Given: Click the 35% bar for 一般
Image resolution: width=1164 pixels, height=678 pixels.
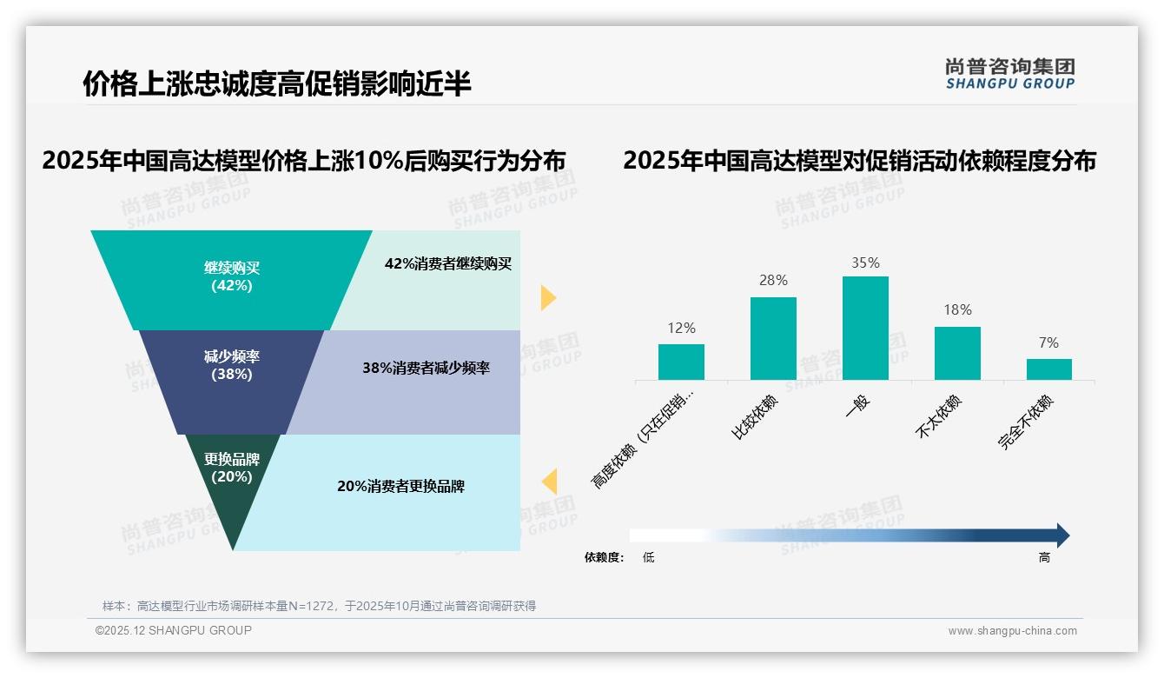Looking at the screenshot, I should coord(865,328).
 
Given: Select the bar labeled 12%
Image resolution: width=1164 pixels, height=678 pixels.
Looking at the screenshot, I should coord(681,362).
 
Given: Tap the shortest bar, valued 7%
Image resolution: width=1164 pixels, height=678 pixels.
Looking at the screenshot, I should coord(1048,369).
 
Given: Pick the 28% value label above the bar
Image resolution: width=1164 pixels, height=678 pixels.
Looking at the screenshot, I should coord(773,280).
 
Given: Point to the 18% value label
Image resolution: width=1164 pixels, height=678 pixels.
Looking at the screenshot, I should coord(957,309).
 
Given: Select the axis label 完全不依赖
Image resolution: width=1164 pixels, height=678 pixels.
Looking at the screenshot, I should coord(1026,422).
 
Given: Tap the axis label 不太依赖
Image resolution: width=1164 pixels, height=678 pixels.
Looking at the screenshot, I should coord(939,416).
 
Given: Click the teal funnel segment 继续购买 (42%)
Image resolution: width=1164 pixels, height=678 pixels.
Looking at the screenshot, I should coord(231,276).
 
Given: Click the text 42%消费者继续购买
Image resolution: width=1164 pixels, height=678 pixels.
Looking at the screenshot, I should coord(448,264).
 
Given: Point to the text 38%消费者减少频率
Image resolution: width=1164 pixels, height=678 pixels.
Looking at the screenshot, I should coord(427,368).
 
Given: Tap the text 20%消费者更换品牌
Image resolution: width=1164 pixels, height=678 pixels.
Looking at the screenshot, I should coord(400,486).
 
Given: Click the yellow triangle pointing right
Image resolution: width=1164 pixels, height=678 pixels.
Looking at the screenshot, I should coord(547,297).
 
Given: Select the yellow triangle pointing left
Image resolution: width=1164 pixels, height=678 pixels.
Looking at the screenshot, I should coord(549,482).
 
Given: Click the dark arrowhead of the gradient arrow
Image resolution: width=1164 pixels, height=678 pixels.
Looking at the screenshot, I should coord(1061,535).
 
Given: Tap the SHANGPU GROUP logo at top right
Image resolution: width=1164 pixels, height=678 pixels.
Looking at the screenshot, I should coord(1009,74).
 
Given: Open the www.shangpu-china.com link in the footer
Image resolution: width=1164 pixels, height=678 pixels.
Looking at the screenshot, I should coord(1012,631).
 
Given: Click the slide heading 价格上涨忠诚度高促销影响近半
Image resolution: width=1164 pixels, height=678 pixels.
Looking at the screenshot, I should coord(277,83).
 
